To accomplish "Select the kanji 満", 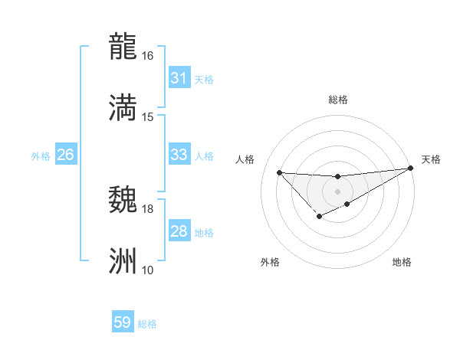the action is (x=123, y=107).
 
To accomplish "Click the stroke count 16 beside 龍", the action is (x=148, y=56).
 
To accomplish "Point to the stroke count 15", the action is (x=148, y=117).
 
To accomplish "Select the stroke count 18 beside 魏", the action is (x=148, y=208).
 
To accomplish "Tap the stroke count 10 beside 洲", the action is (x=148, y=270).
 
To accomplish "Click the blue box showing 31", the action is (x=179, y=78).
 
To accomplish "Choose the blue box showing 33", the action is (x=179, y=155).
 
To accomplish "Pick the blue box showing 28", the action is (x=179, y=231).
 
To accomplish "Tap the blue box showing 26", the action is (x=65, y=155).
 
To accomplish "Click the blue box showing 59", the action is (x=123, y=322).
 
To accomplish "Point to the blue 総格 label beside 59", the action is (x=148, y=324).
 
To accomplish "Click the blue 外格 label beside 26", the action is (x=41, y=156).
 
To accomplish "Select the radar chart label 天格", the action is (x=431, y=159).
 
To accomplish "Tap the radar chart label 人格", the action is (x=245, y=159).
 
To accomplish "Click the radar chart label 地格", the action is (x=402, y=262).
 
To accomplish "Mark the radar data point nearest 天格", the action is (x=411, y=168).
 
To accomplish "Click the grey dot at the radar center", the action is (x=337, y=191).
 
